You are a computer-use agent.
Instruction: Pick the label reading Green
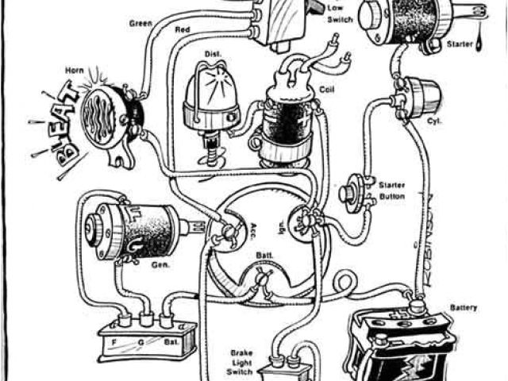pos(140,24)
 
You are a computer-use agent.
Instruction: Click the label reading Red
pos(183,31)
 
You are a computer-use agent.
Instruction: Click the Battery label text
pos(464,306)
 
